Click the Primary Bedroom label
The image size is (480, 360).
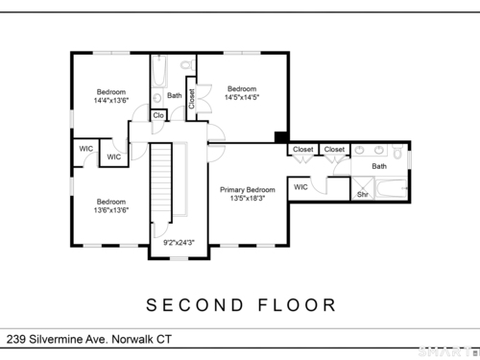[x=248, y=190]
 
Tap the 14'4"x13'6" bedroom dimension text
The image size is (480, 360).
[x=111, y=100]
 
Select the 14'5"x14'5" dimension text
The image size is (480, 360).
[x=242, y=97]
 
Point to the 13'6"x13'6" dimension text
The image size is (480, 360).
[x=111, y=210]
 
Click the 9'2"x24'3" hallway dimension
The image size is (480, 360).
[x=179, y=243]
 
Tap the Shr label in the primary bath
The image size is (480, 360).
[x=363, y=194]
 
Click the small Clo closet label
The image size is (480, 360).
[x=158, y=115]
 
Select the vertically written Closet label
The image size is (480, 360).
[x=191, y=99]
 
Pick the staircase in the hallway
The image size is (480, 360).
[x=161, y=182]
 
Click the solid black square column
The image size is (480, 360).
[x=281, y=137]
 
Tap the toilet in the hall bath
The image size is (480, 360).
[x=188, y=65]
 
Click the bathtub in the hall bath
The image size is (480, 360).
[x=159, y=71]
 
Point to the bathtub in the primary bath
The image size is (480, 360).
[x=392, y=189]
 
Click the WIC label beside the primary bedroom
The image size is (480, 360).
[x=300, y=187]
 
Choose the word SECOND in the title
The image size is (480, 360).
[x=195, y=305]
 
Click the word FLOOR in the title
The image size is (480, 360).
[x=297, y=305]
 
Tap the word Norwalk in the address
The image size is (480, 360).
[x=132, y=339]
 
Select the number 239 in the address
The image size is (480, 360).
[x=16, y=339]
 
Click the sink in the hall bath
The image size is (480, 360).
[x=157, y=98]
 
